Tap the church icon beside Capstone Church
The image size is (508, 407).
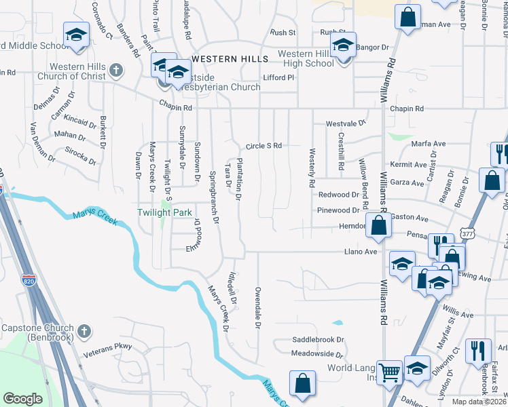tap(83, 332)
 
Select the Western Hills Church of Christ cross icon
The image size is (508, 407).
tap(116, 70)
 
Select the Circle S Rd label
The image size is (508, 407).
tap(264, 146)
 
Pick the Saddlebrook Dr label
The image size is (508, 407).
tap(319, 339)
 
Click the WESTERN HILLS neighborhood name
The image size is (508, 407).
tap(225, 59)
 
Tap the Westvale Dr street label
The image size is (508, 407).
tap(346, 123)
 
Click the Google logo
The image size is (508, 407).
tap(22, 399)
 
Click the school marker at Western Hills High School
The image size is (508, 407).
tap(343, 46)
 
